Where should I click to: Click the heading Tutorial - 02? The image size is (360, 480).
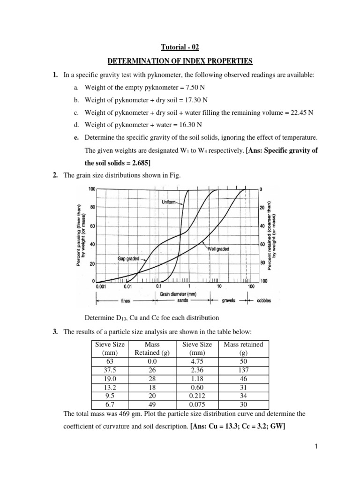pyautogui.click(x=180, y=47)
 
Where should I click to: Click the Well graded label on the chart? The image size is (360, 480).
pyautogui.click(x=218, y=249)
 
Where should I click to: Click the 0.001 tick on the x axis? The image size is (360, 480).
pyautogui.click(x=101, y=285)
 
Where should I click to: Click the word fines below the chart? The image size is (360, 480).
pyautogui.click(x=126, y=301)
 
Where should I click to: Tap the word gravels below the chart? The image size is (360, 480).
pyautogui.click(x=228, y=301)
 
